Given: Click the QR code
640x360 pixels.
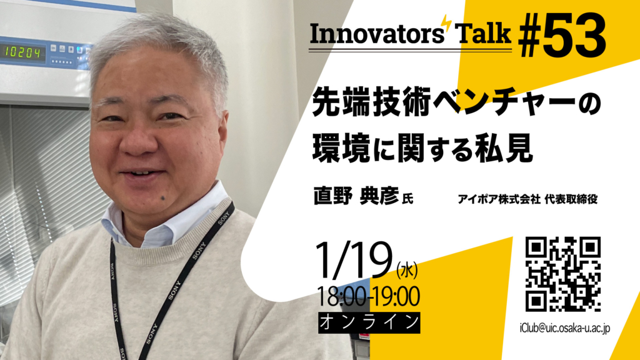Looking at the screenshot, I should click(x=562, y=274).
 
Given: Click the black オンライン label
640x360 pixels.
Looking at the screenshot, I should click(x=368, y=322).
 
